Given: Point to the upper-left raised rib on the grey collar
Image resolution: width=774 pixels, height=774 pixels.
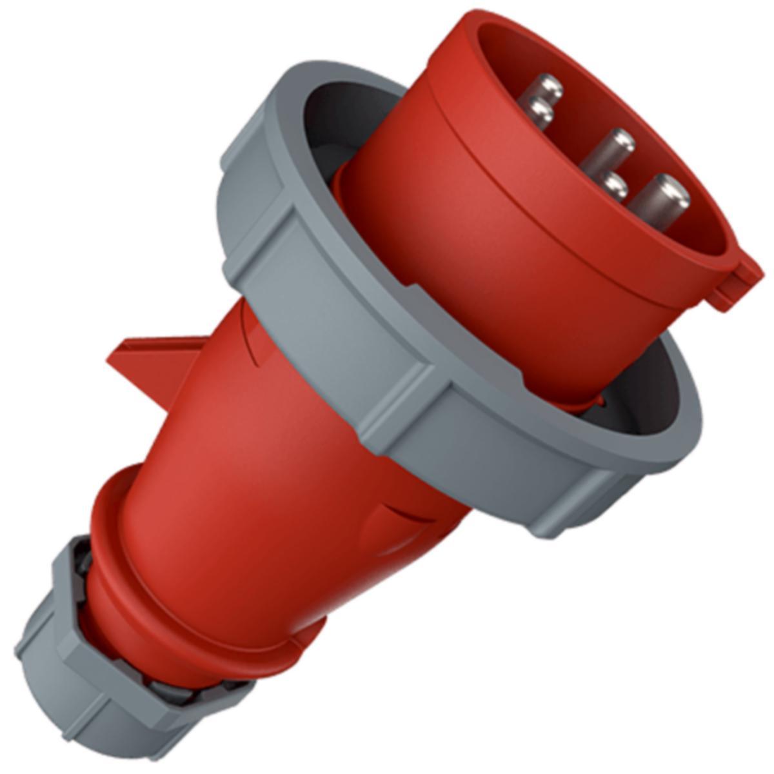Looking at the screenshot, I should click(255, 193).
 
